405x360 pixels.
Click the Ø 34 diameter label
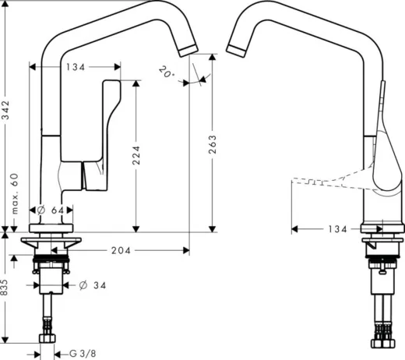(92, 285)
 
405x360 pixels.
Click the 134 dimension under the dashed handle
(337, 230)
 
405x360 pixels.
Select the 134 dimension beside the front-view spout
(75, 68)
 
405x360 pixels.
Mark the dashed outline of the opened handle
(327, 183)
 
